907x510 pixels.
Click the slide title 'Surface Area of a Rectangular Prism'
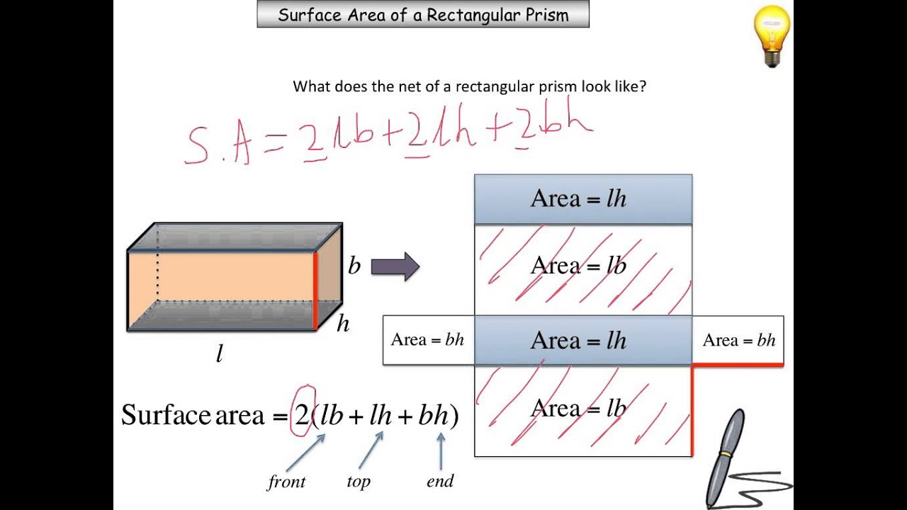[x=423, y=15]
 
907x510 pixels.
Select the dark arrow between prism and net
[x=395, y=267]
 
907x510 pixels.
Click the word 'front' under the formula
[x=286, y=482]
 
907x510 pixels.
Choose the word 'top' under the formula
[x=359, y=482]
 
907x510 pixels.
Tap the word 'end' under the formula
[x=440, y=482]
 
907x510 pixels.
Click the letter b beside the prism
[x=354, y=266]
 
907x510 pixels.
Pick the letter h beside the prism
[x=343, y=324]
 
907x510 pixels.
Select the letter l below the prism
[x=220, y=353]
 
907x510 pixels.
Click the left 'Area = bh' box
[x=428, y=340]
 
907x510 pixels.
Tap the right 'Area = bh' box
[x=738, y=340]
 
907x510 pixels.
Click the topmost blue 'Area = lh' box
[x=582, y=199]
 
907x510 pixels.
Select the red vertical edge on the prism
[x=315, y=290]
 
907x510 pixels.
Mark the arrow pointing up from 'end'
[x=441, y=450]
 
